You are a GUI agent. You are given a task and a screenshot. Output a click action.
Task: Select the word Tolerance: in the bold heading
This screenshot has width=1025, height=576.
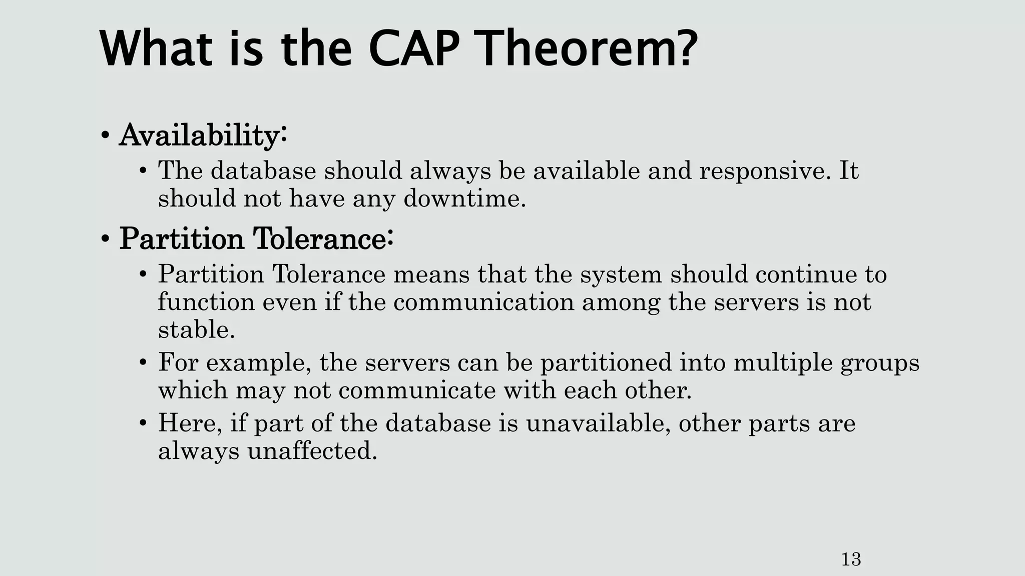[323, 238]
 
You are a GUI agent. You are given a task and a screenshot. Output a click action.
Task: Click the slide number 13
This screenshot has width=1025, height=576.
[851, 559]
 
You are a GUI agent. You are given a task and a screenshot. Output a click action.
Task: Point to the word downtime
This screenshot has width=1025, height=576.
[464, 198]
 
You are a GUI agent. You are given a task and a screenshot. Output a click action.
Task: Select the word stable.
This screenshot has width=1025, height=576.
[196, 330]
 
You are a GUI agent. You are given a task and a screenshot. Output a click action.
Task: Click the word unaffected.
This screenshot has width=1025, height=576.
[312, 451]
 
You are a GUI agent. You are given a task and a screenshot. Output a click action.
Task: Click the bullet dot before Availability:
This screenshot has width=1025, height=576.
[105, 136]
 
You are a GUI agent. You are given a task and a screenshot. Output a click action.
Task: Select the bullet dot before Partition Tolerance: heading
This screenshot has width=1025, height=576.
[105, 239]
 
